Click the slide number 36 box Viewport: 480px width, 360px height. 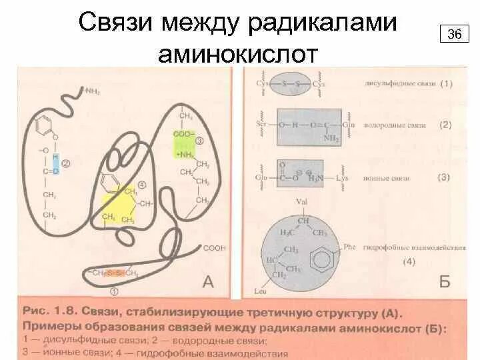[454, 34]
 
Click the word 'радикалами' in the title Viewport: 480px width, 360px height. [322, 23]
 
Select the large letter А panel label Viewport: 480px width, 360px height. [208, 283]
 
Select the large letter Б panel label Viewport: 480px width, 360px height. [445, 282]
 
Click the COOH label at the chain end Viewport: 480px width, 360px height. [214, 248]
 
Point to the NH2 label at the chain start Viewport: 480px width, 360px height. [91, 90]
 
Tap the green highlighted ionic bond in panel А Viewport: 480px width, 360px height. [183, 147]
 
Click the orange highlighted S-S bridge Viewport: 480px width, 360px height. [115, 273]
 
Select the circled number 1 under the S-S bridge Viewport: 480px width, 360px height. [114, 291]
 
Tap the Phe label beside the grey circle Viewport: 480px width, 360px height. [350, 247]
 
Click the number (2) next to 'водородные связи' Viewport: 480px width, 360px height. [445, 125]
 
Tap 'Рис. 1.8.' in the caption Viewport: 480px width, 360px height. [47, 311]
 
